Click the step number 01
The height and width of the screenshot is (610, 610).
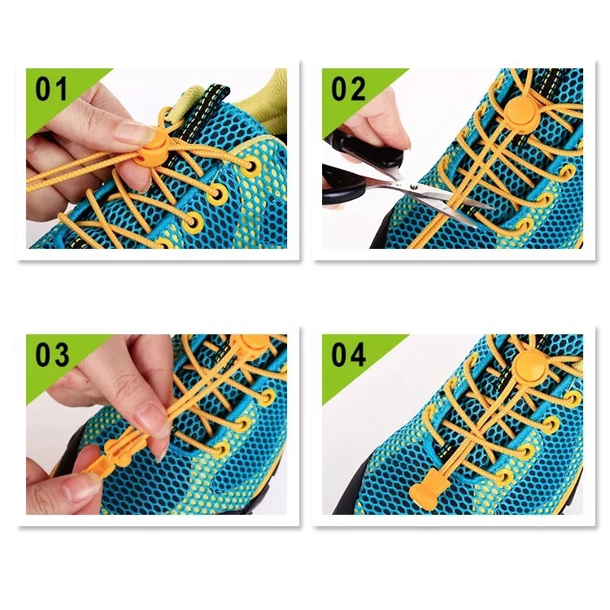pyautogui.click(x=51, y=89)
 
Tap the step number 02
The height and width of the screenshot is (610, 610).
pyautogui.click(x=348, y=89)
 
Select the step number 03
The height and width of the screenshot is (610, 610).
pyautogui.click(x=51, y=355)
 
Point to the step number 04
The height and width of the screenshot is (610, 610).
pyautogui.click(x=348, y=355)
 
